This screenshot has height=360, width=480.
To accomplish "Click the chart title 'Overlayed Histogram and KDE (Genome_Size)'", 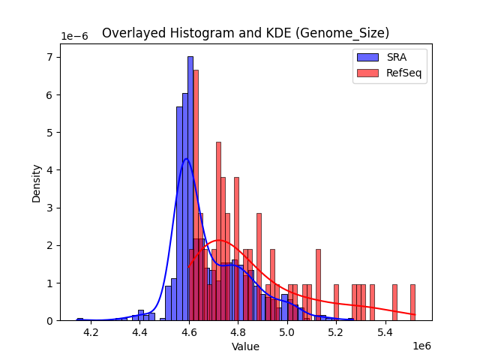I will coord(245,33).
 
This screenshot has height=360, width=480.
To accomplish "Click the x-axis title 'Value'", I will coord(245,347).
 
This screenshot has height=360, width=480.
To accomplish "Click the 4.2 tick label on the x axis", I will coord(91,332).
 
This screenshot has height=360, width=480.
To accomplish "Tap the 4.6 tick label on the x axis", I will coord(189,332).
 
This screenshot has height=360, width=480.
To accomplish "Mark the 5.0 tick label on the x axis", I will coord(287,332).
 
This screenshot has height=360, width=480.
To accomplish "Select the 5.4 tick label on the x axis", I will coord(385,332).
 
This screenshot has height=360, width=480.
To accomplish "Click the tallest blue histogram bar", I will coord(190,187).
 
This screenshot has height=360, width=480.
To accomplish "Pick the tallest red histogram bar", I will coord(196,195).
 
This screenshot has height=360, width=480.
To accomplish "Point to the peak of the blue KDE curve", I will coord(187,158).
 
